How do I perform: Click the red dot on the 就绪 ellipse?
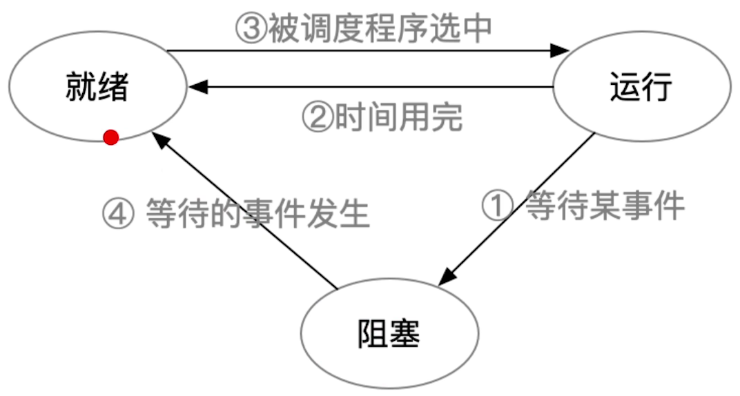pos(110,138)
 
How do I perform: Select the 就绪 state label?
pos(97,86)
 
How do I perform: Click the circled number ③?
pos(249,29)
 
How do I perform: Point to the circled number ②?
pos(318,117)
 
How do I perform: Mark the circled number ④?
pos(117,214)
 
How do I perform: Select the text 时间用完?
pos(398,117)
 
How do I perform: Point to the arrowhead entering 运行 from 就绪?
pos(560,50)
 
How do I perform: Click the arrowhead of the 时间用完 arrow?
pos(199,87)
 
